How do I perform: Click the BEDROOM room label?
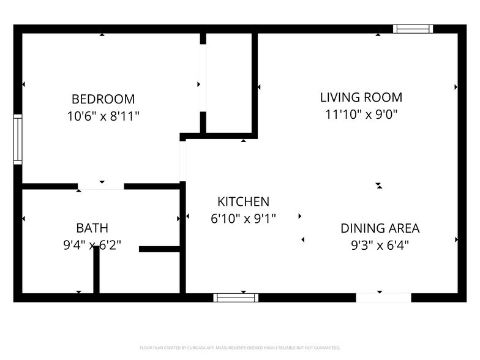[103, 99]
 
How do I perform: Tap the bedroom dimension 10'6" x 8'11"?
[103, 116]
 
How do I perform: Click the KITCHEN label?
[243, 202]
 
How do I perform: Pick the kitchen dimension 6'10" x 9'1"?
[243, 219]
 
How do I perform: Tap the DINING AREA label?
[380, 228]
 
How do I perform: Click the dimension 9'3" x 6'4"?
[380, 245]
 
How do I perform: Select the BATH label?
[92, 228]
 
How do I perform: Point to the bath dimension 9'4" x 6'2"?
[92, 245]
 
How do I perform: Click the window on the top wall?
[413, 29]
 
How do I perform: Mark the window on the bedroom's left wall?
[18, 139]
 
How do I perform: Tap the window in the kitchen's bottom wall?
[236, 298]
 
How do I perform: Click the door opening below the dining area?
[383, 298]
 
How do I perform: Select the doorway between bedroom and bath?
[101, 186]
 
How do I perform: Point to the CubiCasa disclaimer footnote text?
[239, 347]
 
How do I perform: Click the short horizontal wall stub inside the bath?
[159, 249]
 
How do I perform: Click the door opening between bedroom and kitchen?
[182, 161]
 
